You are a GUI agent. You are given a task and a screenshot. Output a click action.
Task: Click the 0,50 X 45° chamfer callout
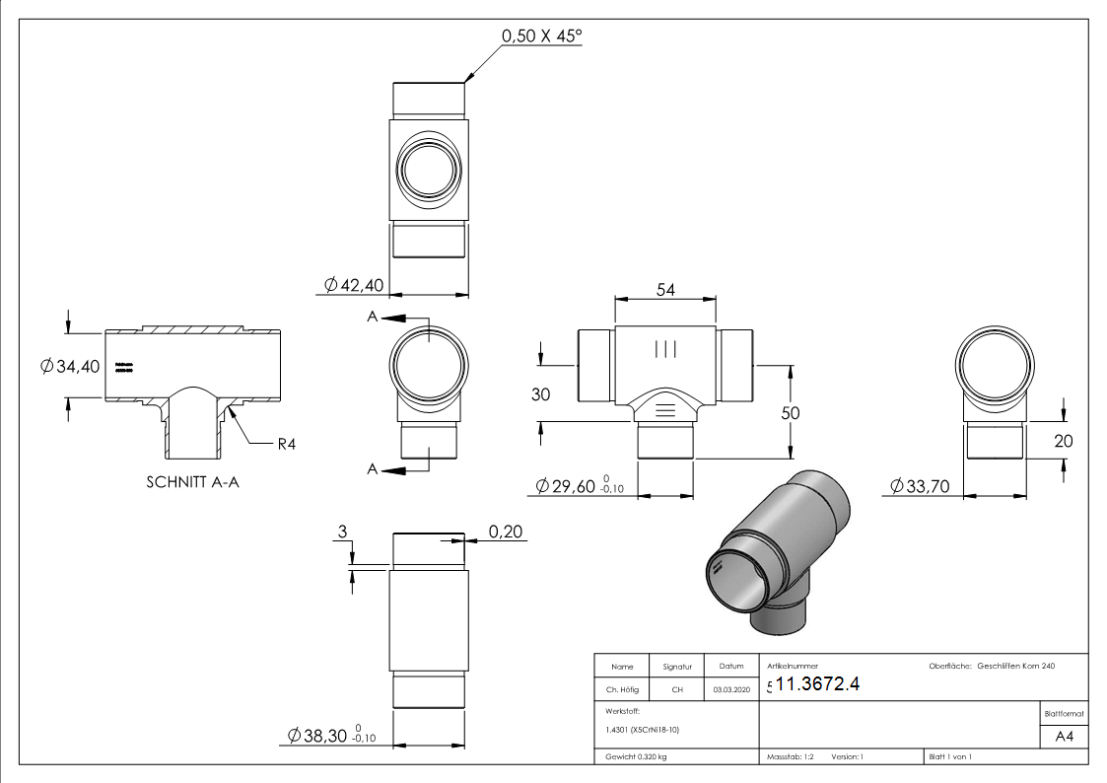542,36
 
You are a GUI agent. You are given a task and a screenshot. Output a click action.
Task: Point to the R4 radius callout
287,444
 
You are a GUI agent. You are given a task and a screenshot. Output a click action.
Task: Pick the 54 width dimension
664,289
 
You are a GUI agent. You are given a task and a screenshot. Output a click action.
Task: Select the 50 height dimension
791,413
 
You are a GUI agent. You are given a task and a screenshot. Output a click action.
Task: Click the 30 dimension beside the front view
540,393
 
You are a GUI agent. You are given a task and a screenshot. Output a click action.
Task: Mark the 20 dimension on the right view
1063,441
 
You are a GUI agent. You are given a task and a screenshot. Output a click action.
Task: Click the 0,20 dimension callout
505,533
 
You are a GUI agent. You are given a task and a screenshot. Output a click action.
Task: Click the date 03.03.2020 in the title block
730,690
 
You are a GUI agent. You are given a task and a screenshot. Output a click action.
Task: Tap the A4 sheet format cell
1064,737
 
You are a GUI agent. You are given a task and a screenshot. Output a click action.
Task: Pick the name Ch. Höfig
622,690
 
